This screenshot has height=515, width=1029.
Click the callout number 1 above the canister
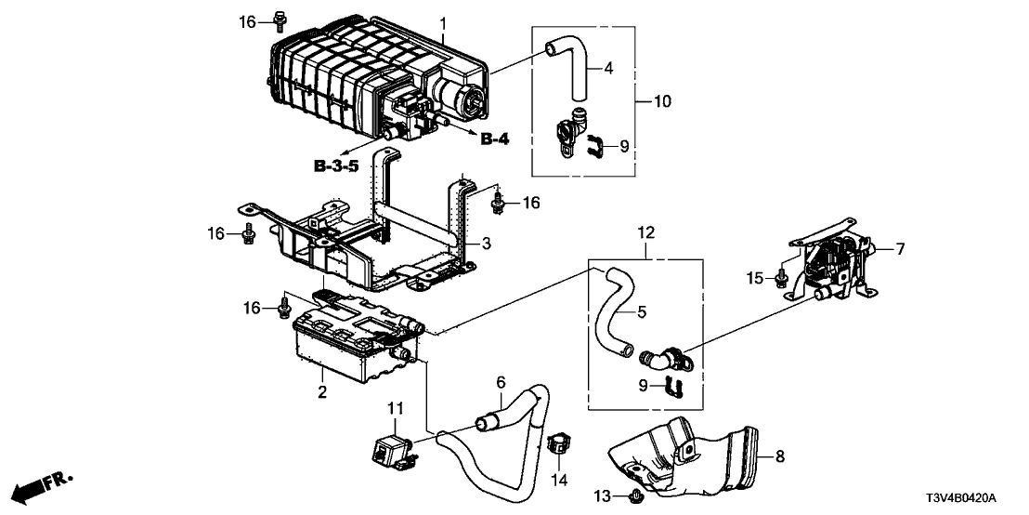coord(443,22)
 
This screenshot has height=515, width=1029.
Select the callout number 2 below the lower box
coord(321,393)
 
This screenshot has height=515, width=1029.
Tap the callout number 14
coord(558,480)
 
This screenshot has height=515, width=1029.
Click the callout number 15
coord(758,278)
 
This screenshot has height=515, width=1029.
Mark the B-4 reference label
coord(495,139)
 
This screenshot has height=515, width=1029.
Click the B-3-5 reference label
coord(335,167)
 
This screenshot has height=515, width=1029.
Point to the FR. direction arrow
coord(42,486)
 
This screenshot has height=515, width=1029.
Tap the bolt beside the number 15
coord(783,276)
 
